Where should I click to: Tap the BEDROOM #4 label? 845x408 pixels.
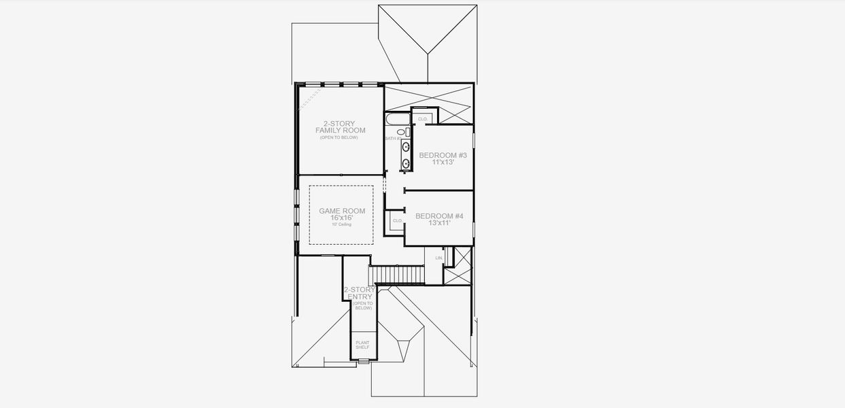coord(439,216)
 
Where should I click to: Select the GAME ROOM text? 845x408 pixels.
coord(342,211)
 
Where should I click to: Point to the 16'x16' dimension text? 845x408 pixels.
coord(342,218)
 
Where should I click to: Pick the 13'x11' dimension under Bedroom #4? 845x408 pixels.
coord(439,223)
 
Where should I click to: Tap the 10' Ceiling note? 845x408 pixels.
coord(342,224)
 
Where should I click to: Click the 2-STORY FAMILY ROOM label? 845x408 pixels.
coord(340,126)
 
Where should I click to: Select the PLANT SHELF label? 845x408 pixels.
coord(362,345)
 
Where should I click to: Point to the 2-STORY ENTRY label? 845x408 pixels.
coord(359,293)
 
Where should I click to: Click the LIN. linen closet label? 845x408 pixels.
coord(438,258)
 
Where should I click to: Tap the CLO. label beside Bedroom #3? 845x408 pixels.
coord(422,119)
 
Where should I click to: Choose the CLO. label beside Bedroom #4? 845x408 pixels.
coord(398,221)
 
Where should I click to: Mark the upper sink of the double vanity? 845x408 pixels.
coord(406,146)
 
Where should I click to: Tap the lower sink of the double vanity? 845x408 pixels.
coord(406,163)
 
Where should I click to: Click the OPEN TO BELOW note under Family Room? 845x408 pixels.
coord(339,137)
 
